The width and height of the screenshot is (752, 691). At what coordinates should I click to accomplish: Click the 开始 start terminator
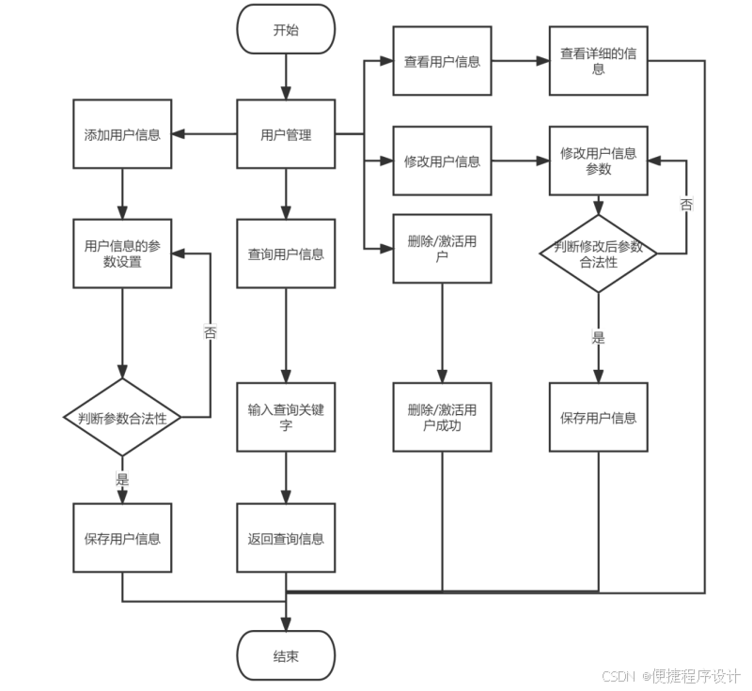click(286, 29)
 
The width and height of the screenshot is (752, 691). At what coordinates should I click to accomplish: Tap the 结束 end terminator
click(286, 655)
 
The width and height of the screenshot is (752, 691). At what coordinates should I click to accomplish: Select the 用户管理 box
click(286, 135)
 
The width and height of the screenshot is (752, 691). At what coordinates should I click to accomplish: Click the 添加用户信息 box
click(122, 135)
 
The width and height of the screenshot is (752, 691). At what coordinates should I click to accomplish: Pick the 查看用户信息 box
click(442, 62)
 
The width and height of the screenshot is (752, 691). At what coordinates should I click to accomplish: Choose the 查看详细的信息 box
click(598, 62)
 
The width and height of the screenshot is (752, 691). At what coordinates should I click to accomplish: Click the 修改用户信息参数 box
click(598, 161)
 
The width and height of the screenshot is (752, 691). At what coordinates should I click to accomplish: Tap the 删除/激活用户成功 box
click(442, 418)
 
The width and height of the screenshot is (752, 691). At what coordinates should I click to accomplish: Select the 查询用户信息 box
click(286, 253)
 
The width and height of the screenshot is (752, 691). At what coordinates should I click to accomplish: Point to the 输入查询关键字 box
click(286, 418)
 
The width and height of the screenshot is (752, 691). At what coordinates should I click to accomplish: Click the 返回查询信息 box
click(286, 538)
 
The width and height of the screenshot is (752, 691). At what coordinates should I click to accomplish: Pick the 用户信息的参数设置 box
click(122, 253)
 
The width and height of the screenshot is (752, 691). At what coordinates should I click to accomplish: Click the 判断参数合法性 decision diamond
click(122, 418)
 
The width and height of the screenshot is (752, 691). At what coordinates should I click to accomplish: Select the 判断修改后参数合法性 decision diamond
click(598, 253)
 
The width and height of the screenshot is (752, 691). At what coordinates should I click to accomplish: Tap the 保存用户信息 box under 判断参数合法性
click(122, 538)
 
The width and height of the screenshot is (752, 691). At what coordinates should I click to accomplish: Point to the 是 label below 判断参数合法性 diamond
click(122, 479)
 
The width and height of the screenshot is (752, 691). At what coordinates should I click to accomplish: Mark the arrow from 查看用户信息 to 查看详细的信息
click(520, 62)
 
